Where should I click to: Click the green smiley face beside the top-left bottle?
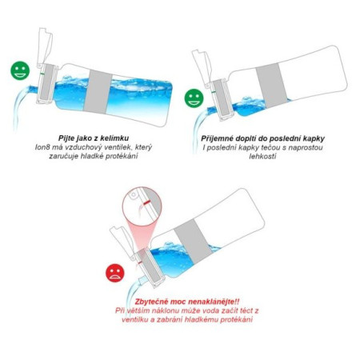[x=19, y=70]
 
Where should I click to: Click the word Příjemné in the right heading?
[x=211, y=138]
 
